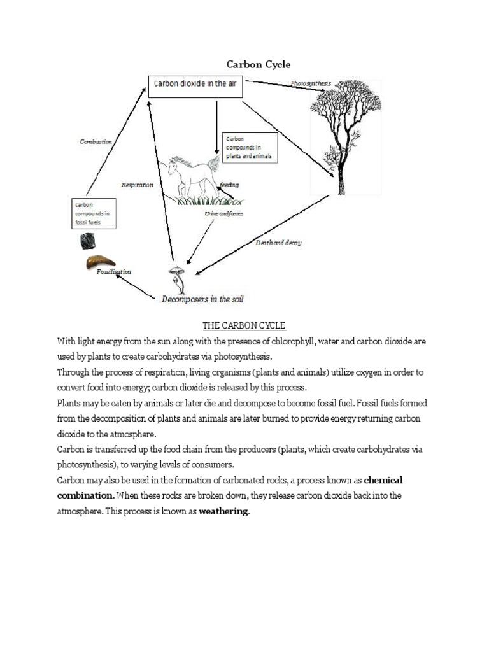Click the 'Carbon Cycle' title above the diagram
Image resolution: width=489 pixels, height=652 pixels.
coord(259,64)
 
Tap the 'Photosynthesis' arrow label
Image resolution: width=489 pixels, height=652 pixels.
coord(311,83)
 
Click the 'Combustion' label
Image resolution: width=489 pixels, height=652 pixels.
coord(96,141)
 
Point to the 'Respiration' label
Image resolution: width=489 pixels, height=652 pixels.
coord(137,185)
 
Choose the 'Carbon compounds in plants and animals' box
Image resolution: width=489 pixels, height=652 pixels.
coord(250,148)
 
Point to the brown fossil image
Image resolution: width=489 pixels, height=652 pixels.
coord(101,262)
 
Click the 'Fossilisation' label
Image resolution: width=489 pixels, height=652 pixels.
coord(113,272)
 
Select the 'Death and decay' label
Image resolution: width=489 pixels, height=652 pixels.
coord(278,243)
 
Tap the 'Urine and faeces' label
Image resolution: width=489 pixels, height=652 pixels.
coord(223,213)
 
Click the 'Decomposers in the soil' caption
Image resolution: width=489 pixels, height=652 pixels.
coord(202,299)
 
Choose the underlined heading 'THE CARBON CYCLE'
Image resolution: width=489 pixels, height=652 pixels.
coord(244,326)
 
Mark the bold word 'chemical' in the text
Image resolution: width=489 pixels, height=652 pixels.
coord(383,479)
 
